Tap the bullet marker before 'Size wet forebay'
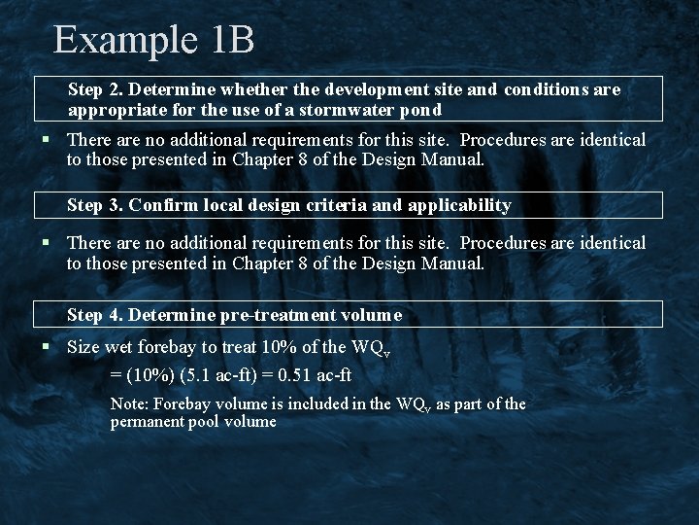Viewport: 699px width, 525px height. pos(46,347)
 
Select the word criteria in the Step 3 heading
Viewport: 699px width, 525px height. pos(336,205)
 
